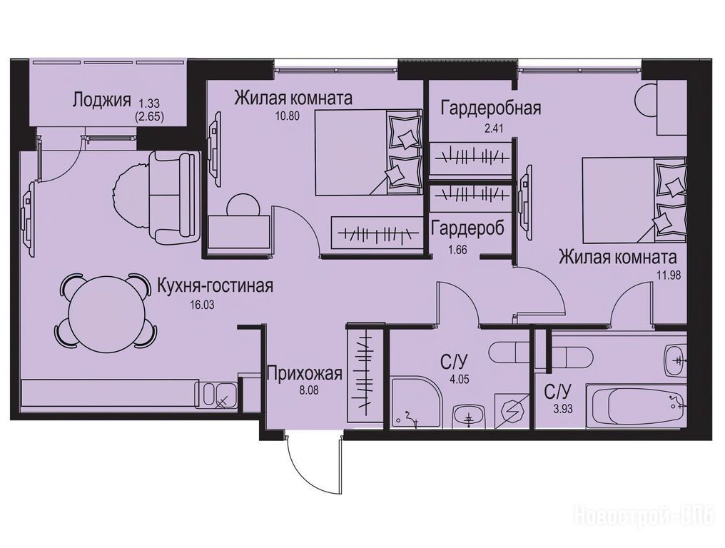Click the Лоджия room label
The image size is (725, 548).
(101, 101)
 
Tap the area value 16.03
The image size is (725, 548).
(202, 305)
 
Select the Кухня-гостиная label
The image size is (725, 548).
(216, 286)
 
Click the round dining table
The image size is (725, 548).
(105, 311)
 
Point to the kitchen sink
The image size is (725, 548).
(217, 395)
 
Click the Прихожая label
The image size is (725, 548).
(305, 373)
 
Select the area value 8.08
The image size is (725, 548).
(309, 390)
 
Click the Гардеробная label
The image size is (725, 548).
(491, 108)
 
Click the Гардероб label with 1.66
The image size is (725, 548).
(467, 228)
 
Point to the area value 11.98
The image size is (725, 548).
(669, 275)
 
